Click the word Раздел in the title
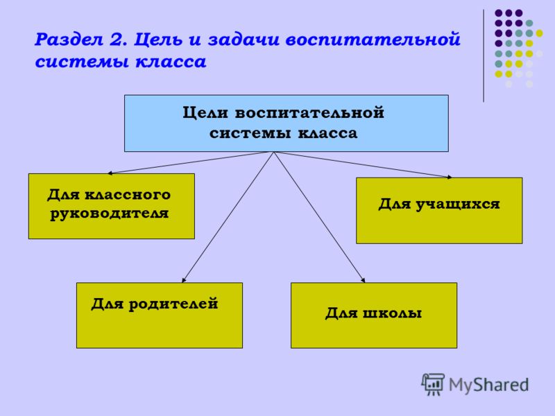coord(69,40)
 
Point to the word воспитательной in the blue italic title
coord(373,39)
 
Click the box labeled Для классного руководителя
coord(112,206)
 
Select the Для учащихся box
coord(439,211)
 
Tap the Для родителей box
coord(160,315)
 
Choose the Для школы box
coord(374,315)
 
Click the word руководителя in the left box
coord(110,214)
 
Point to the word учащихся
coord(458,205)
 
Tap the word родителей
coord(173,304)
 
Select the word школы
coord(393,313)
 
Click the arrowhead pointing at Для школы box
coord(363,280)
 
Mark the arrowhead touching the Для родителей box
coord(184,280)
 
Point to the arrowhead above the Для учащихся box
coord(449,177)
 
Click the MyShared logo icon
coord(433,384)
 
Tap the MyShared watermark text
coord(489,385)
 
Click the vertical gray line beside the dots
coord(484,56)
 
